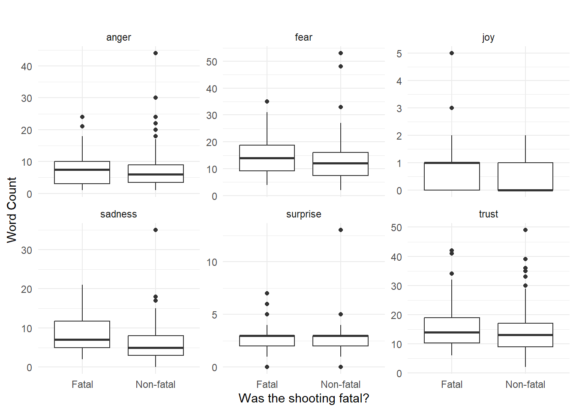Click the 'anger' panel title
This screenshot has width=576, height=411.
click(118, 38)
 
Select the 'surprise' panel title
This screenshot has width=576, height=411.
click(303, 214)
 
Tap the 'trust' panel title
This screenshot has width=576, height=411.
click(488, 214)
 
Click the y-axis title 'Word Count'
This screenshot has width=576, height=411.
click(12, 210)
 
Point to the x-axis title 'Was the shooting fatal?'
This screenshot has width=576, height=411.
click(303, 398)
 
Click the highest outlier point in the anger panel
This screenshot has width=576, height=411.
click(156, 53)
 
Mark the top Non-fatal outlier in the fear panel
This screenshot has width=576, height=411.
click(341, 53)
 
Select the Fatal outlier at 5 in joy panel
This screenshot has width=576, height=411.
click(452, 53)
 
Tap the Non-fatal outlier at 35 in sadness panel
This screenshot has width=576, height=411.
click(156, 230)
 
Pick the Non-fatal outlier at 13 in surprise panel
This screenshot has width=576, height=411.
click(341, 230)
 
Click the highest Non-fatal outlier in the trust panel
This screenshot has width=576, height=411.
click(525, 230)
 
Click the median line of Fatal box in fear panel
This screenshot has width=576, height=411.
click(267, 158)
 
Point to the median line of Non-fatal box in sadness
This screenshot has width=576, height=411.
click(156, 348)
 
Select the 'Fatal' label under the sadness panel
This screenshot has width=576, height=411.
click(82, 384)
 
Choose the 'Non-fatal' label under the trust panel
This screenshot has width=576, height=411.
click(525, 384)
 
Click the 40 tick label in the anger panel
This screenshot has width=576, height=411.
click(27, 66)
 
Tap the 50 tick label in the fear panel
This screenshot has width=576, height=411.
click(212, 62)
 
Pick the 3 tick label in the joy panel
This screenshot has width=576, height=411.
click(399, 108)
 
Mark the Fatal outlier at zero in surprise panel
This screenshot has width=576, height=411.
click(267, 367)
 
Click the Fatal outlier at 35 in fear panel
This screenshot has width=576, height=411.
click(267, 101)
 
